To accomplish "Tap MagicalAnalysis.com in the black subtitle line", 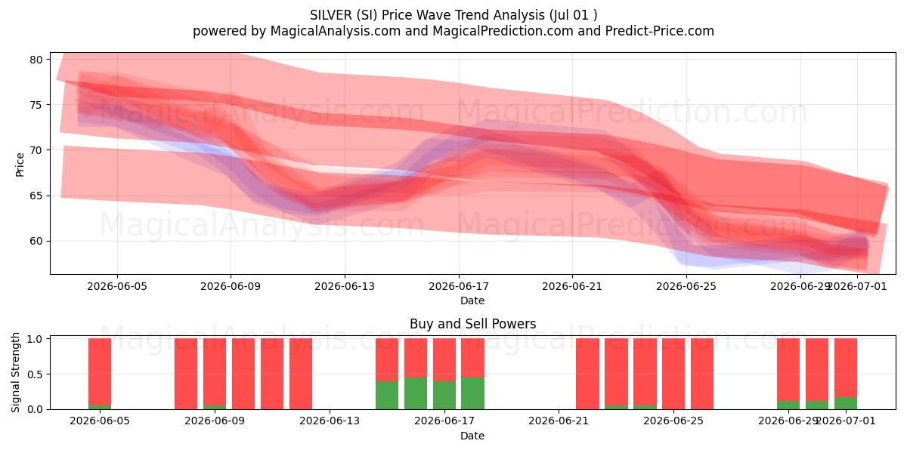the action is (x=336, y=31).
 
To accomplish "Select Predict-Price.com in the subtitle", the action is (x=660, y=31).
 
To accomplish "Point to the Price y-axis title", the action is (x=20, y=165).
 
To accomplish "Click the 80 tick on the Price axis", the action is (x=36, y=60).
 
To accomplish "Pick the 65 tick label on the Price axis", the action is (x=36, y=196).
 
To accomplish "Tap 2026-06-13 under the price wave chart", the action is (x=345, y=286).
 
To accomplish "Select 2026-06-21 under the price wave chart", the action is (x=572, y=286).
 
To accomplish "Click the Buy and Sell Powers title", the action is (x=472, y=324).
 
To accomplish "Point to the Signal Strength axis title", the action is (x=15, y=372).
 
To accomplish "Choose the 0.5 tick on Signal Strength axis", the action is (x=36, y=374).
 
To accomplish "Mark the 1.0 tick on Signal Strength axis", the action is (x=36, y=339).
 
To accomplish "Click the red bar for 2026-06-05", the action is (x=100, y=371).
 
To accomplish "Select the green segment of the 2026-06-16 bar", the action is (x=416, y=393).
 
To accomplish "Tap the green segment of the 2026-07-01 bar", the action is (x=846, y=403).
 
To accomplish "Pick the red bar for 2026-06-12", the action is (x=301, y=374).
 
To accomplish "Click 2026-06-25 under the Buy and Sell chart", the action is (x=673, y=421).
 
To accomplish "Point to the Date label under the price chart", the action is (x=472, y=300).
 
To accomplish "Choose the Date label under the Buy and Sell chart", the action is (x=472, y=436).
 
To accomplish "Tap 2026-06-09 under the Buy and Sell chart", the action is (x=215, y=421).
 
